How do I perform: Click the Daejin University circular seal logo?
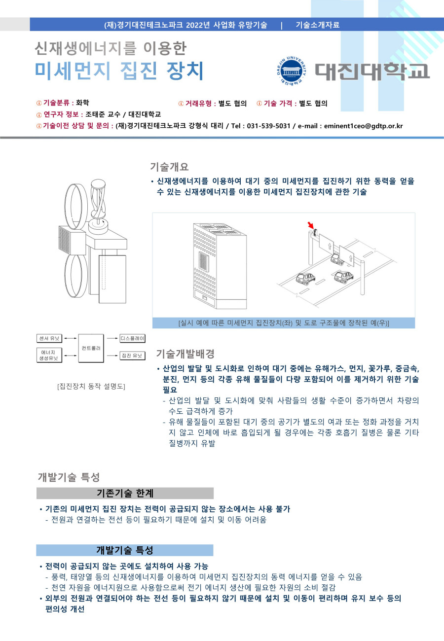coord(290,71)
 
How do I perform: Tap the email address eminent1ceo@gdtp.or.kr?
coord(363,126)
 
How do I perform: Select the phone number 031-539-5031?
coord(268,126)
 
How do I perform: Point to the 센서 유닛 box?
coord(49,338)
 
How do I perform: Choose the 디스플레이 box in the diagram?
coord(132,338)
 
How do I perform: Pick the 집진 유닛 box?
coord(132,355)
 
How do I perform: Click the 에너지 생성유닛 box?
coord(49,355)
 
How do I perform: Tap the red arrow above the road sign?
coord(310,226)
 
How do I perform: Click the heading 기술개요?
coord(169,167)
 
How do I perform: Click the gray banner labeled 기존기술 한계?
coord(125,493)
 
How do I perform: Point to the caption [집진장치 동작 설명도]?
coord(91,386)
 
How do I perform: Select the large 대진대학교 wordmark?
coord(372,71)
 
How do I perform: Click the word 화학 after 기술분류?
coord(83,103)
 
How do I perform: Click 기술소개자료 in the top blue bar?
coord(318,25)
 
